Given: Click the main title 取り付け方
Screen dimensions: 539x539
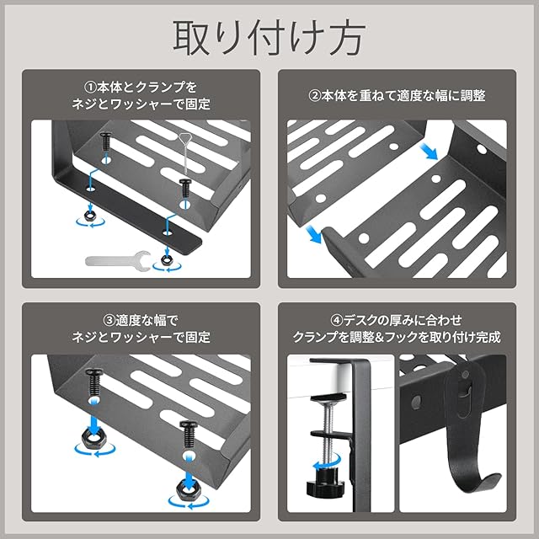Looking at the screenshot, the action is pos(269,38).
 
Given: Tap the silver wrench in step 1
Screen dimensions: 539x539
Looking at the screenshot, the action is pos(118,261).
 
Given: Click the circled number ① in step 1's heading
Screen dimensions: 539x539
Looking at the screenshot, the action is pos(90,88).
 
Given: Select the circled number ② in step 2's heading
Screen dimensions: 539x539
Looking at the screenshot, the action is pos(314,95).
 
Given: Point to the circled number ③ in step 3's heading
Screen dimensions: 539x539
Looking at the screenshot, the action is pos(109,321).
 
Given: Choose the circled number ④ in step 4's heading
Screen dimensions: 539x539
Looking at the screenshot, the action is pos(337,321).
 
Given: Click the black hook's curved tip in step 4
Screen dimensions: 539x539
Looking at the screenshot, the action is pos(494,478).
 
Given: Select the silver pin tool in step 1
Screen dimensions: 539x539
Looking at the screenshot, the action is pos(184,153).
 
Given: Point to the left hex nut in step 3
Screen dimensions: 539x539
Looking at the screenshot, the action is pos(93,439).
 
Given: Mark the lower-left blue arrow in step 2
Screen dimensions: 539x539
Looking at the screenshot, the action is pos(312,234).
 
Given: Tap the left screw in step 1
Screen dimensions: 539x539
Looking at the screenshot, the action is pos(105,141).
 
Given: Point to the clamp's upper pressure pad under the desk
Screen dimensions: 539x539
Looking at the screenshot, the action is pos(328,398).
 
